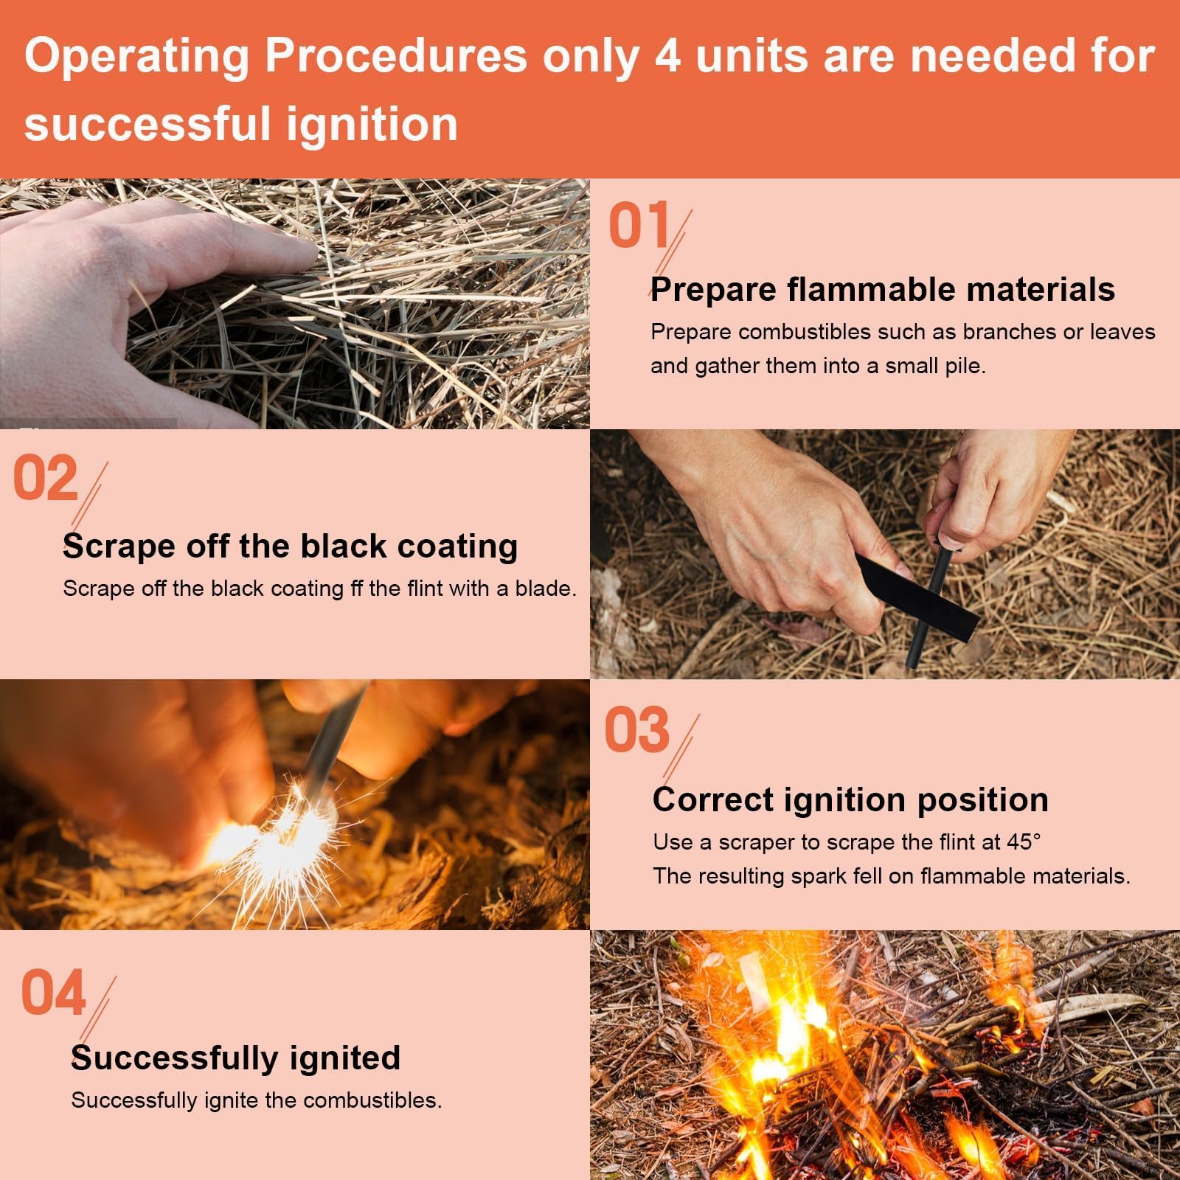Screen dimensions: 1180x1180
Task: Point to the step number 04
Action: (x=53, y=992)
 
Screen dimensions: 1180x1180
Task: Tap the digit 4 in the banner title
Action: (x=668, y=55)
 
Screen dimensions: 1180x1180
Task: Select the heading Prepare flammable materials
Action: (x=883, y=289)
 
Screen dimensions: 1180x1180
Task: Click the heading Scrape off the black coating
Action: (x=291, y=546)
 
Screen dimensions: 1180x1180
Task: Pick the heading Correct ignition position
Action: (x=850, y=800)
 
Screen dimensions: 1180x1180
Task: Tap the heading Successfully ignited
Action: (x=236, y=1058)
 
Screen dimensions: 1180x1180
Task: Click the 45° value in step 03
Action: (x=1024, y=841)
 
